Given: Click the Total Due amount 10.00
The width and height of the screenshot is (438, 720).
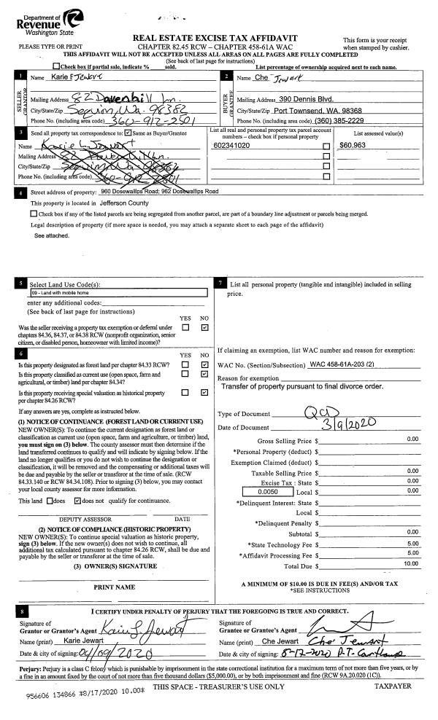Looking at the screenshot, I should coord(412,563).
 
